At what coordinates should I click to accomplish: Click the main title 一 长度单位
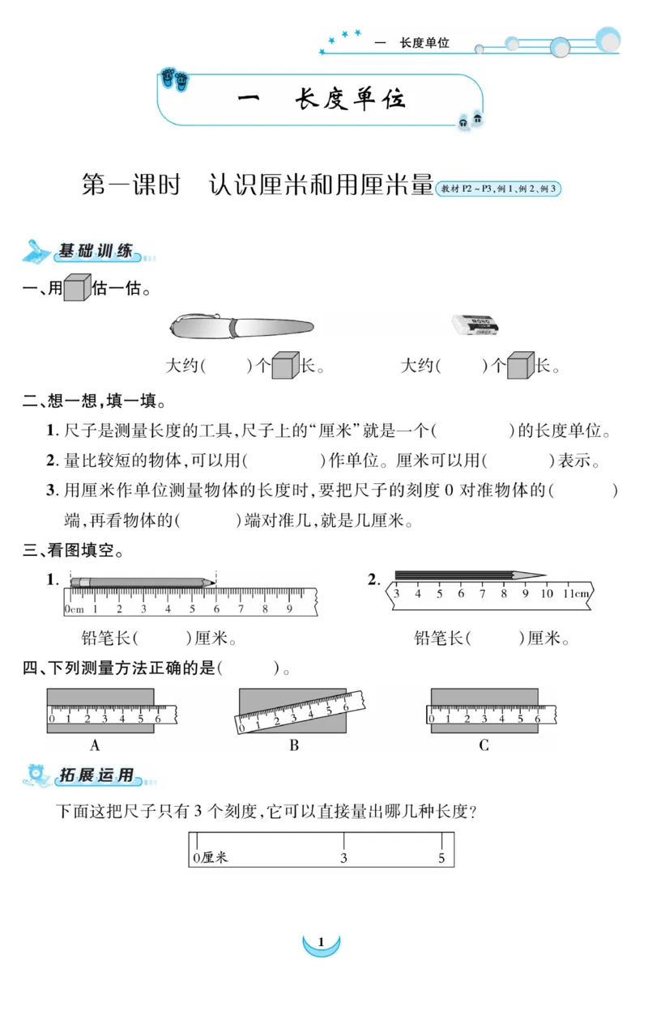[x=321, y=99]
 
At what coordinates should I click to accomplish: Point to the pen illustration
[x=241, y=326]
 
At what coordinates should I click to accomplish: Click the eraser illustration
[x=475, y=325]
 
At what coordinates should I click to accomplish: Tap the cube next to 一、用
[x=77, y=287]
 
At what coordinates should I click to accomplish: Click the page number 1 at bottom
[x=322, y=942]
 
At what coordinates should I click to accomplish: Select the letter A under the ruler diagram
[x=95, y=745]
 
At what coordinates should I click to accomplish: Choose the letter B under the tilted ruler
[x=294, y=745]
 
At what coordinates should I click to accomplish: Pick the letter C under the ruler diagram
[x=484, y=745]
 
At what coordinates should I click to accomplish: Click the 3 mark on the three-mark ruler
[x=343, y=858]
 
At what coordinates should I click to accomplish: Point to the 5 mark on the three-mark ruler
[x=441, y=858]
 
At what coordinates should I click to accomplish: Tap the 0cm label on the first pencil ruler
[x=75, y=609]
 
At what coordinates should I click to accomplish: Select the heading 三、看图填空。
[x=73, y=552]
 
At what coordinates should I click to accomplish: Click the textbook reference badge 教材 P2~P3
[x=498, y=189]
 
